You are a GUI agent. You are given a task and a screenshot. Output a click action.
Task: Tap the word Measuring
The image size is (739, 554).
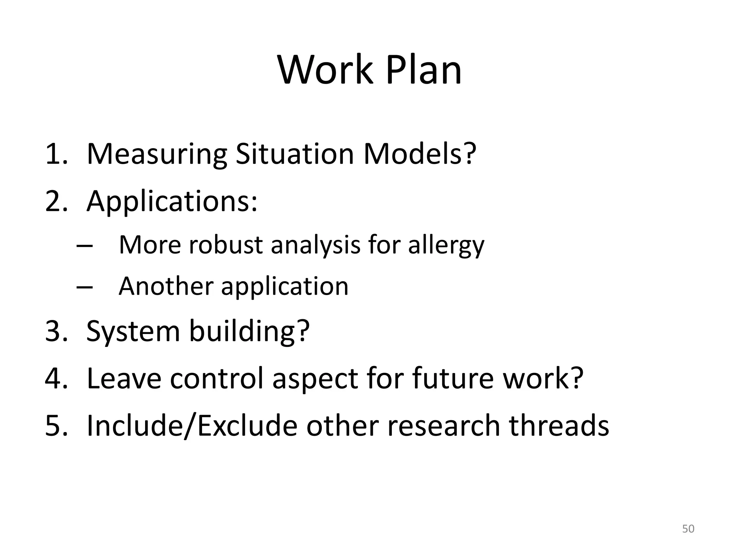click(x=157, y=154)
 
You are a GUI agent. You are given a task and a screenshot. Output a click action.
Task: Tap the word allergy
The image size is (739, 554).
click(x=446, y=246)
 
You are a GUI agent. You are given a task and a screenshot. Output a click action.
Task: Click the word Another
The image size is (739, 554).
click(x=166, y=286)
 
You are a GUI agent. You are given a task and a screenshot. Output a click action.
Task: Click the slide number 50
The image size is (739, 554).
click(x=688, y=529)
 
